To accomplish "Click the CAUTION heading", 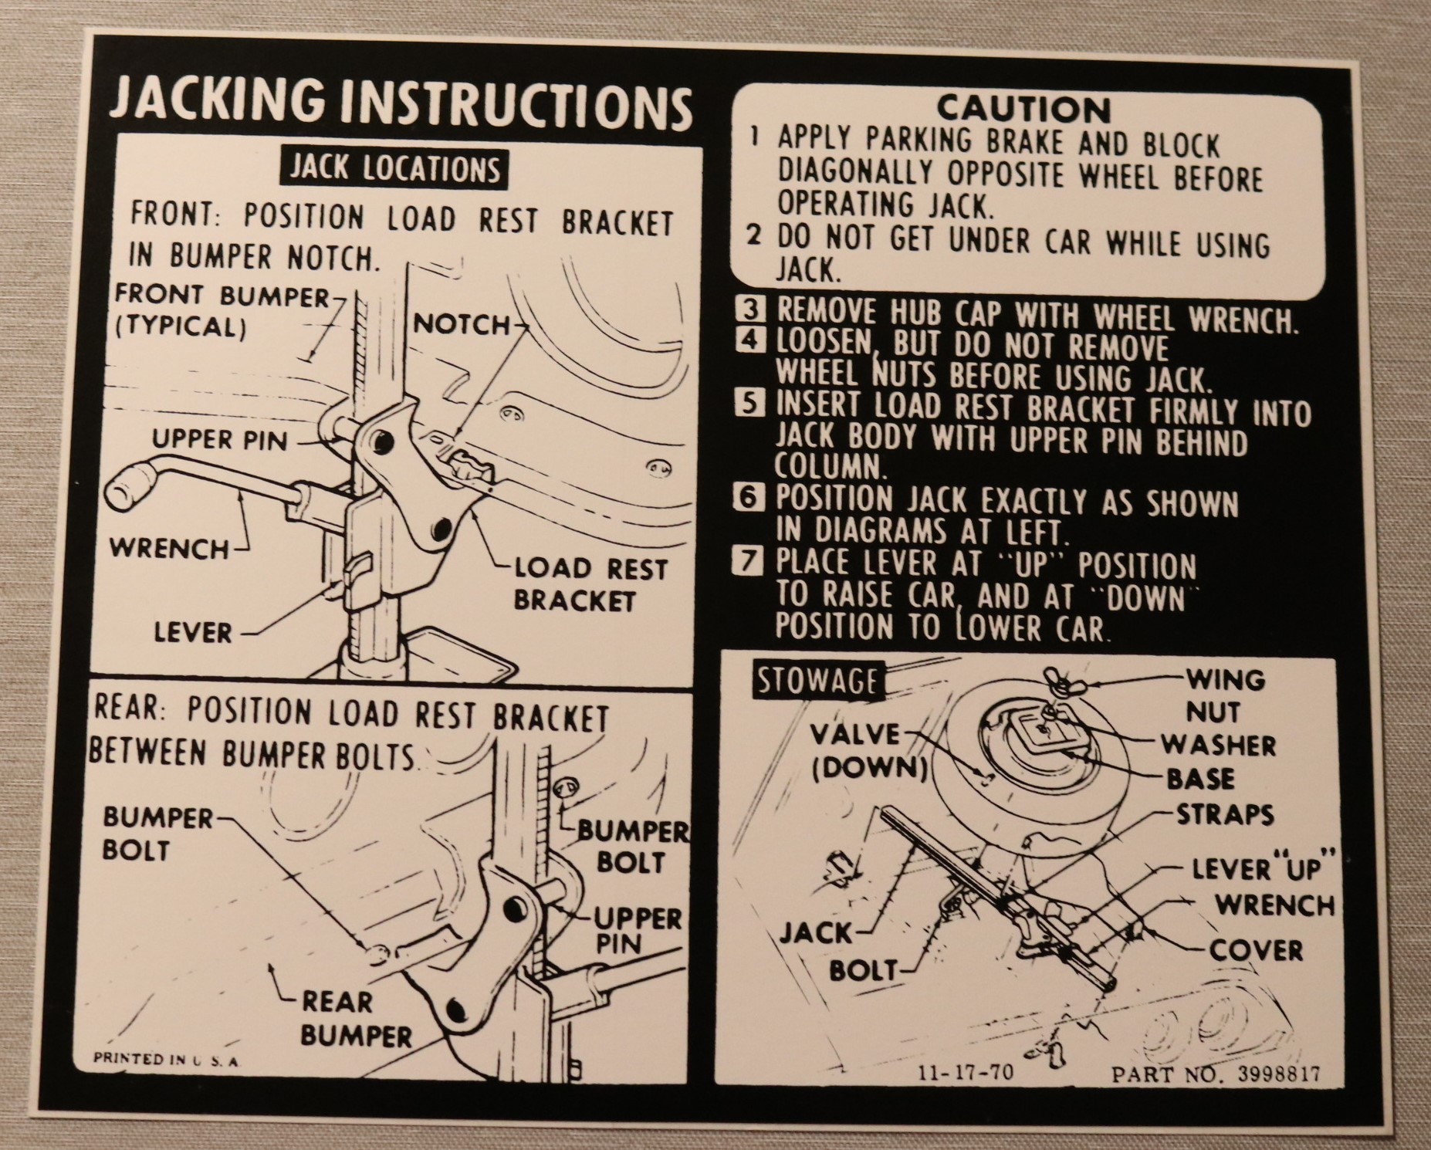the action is click(x=1023, y=109).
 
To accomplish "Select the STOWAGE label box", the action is click(x=817, y=681).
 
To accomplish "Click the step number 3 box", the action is click(x=749, y=309).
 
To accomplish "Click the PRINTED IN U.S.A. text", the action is click(x=167, y=1060).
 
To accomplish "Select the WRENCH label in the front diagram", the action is click(x=170, y=549).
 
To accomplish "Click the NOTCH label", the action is click(x=462, y=325).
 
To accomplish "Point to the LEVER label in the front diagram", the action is click(x=193, y=633).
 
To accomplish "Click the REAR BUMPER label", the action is click(x=356, y=1019).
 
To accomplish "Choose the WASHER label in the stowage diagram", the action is click(x=1219, y=745).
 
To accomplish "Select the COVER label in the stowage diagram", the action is click(x=1256, y=950).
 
